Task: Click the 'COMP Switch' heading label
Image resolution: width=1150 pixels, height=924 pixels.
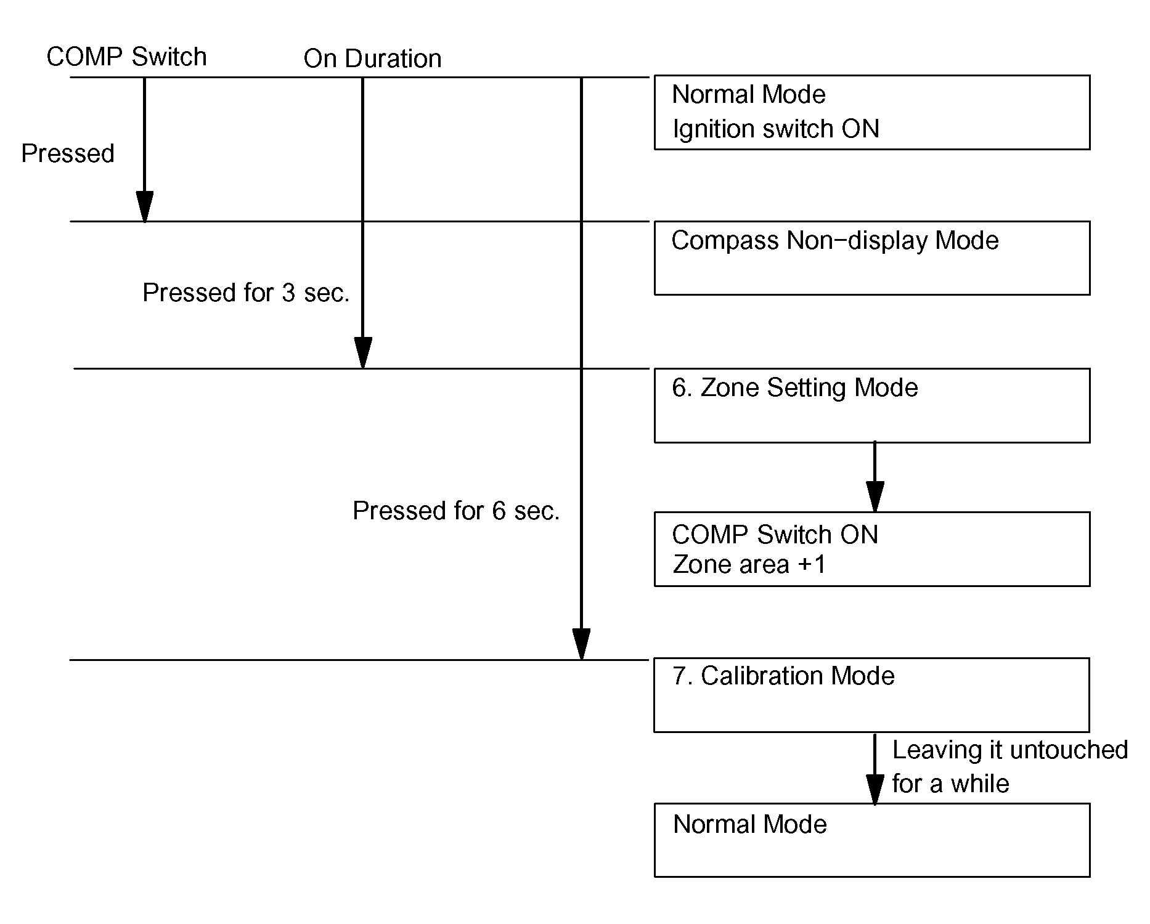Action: click(126, 57)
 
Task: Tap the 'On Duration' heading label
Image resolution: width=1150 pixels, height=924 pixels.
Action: click(372, 59)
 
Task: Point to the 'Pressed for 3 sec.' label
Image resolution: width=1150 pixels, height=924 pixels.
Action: click(246, 293)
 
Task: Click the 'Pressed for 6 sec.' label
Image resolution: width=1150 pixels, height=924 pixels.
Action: click(456, 511)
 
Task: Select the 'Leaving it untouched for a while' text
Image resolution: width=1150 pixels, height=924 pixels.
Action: click(1009, 767)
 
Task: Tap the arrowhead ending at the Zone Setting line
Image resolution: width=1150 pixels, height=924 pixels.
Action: click(363, 353)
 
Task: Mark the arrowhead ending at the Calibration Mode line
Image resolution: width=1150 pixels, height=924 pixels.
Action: click(581, 644)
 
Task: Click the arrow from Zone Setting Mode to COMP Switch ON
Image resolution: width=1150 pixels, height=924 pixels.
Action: click(875, 477)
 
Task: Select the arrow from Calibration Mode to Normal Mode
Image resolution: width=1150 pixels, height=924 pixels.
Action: click(875, 768)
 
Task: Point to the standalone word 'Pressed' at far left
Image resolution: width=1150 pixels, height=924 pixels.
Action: click(68, 153)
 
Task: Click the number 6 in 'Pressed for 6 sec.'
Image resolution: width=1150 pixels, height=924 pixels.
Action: click(499, 511)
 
